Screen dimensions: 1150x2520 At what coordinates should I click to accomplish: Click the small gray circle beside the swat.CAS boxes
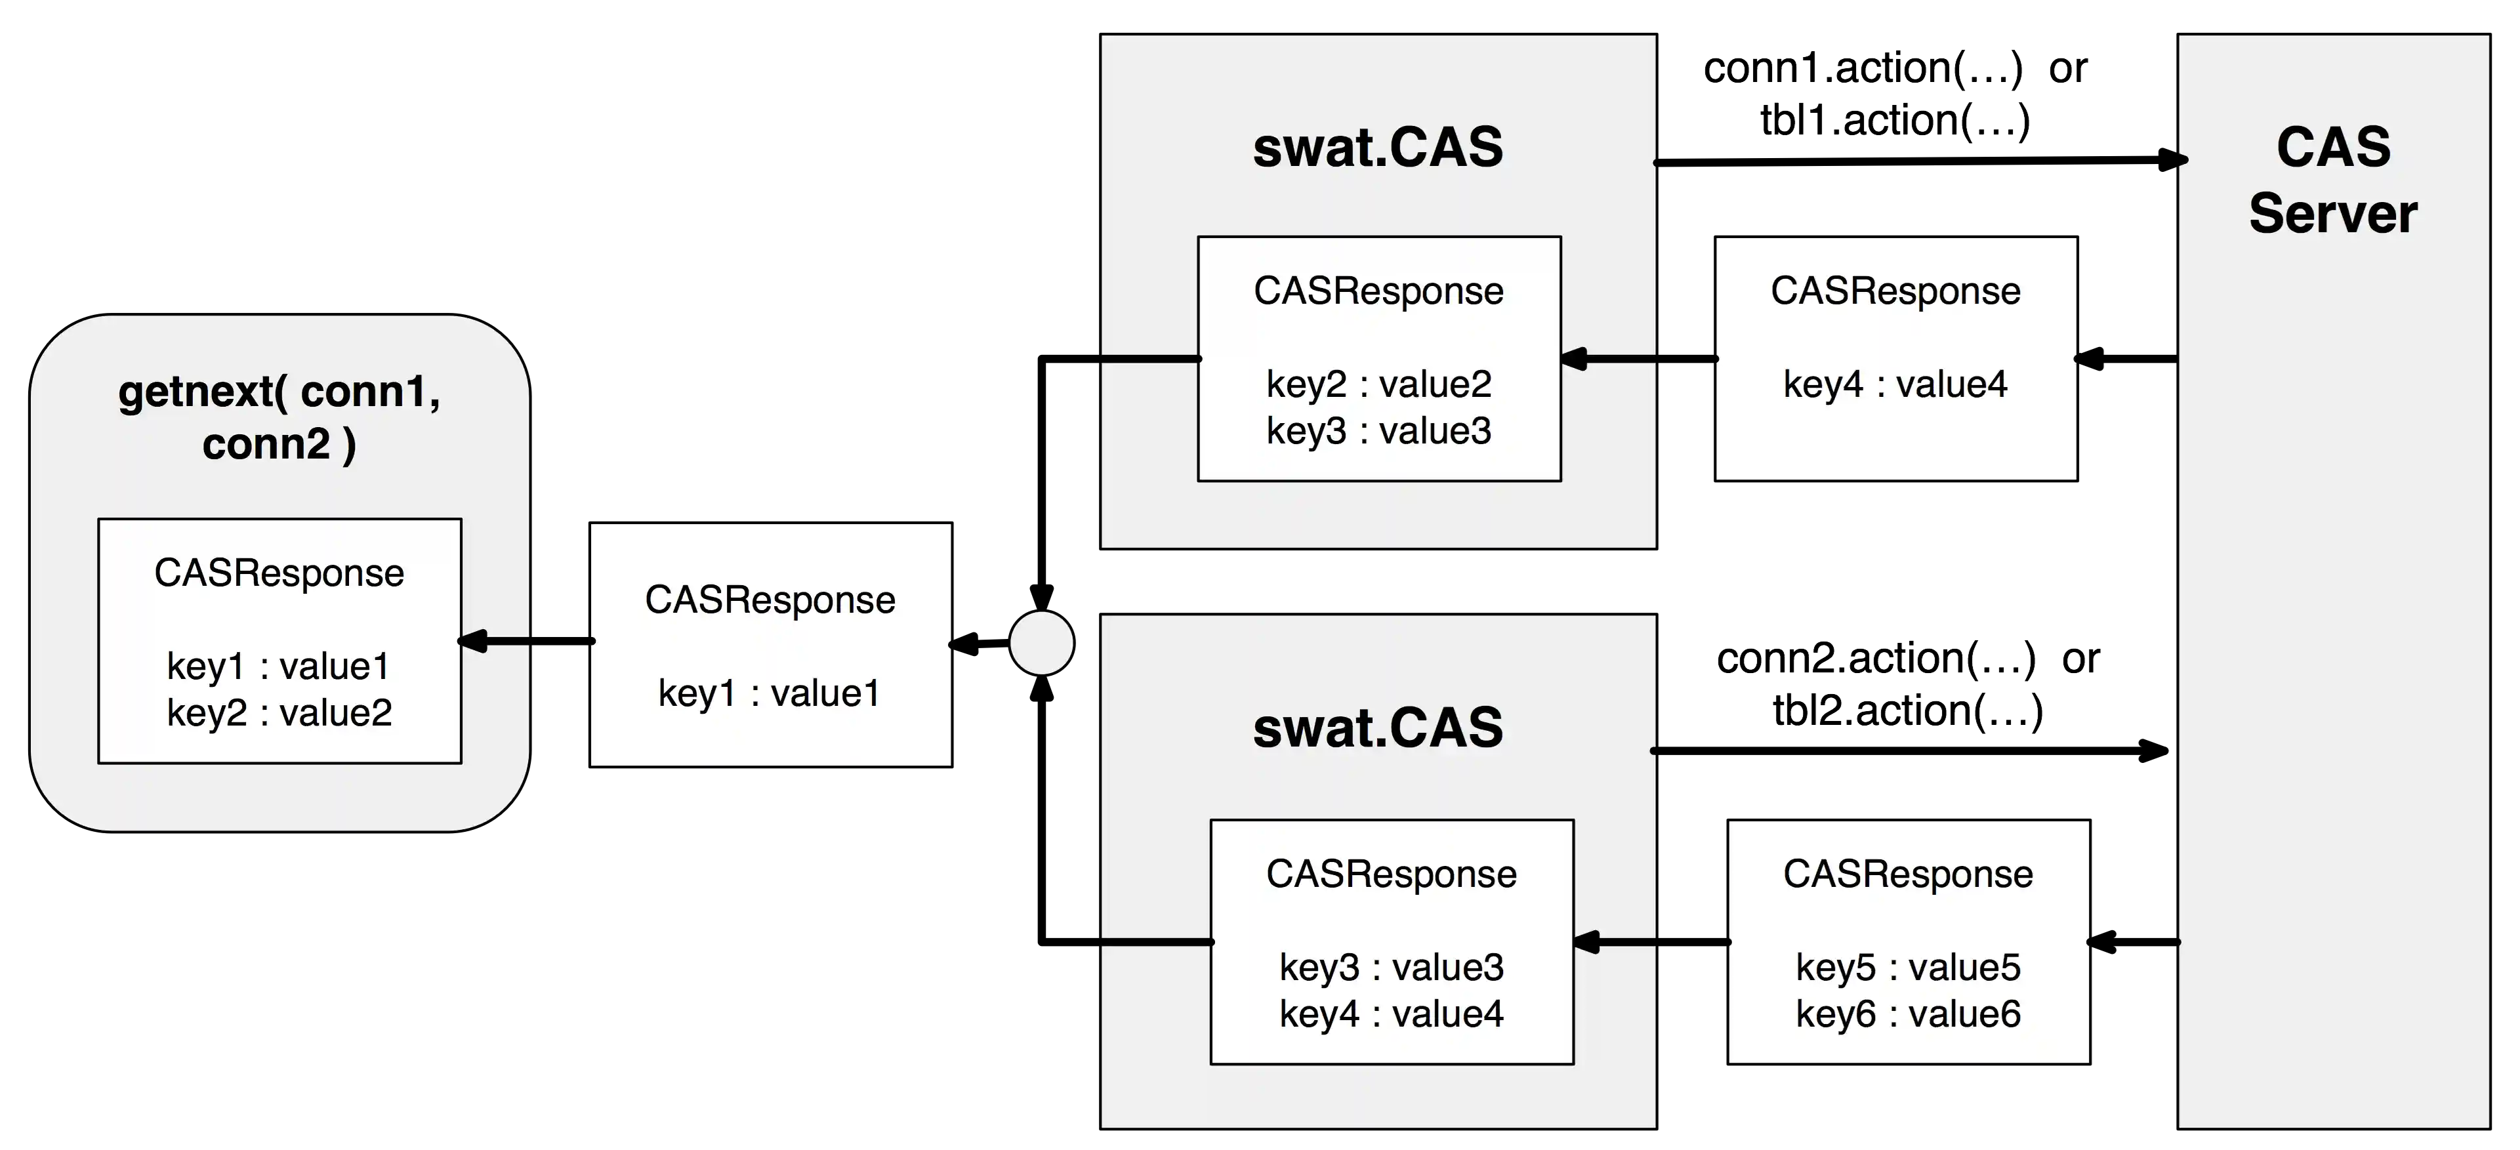1041,642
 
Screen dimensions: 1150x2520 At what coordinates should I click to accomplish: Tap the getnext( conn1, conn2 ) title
279,418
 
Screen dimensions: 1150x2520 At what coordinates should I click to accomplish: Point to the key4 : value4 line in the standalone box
1895,384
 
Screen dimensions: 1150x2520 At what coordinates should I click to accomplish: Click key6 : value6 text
1908,1014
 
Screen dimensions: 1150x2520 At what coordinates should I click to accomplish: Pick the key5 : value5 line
1908,967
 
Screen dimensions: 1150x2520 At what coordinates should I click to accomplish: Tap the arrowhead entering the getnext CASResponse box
472,642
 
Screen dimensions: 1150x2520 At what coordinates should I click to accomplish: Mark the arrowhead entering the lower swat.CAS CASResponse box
1586,941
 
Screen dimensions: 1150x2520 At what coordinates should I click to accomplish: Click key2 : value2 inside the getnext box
279,713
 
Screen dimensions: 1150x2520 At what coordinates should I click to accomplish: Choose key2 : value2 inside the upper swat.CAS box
1378,384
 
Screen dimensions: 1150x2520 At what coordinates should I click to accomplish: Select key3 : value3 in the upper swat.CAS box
1378,431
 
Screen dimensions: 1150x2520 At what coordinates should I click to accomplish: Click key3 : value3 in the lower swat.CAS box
1391,967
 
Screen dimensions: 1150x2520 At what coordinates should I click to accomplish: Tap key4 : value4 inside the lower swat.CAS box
1391,1014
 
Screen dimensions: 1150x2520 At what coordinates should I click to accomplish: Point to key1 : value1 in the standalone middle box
770,693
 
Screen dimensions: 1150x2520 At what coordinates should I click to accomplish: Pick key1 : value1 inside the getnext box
279,666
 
